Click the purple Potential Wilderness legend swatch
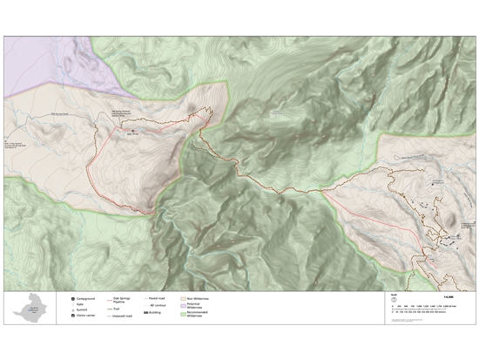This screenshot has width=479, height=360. tap(183, 305)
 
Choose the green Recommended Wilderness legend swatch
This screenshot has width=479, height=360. tap(183, 313)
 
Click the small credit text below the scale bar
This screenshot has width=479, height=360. tap(409, 320)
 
